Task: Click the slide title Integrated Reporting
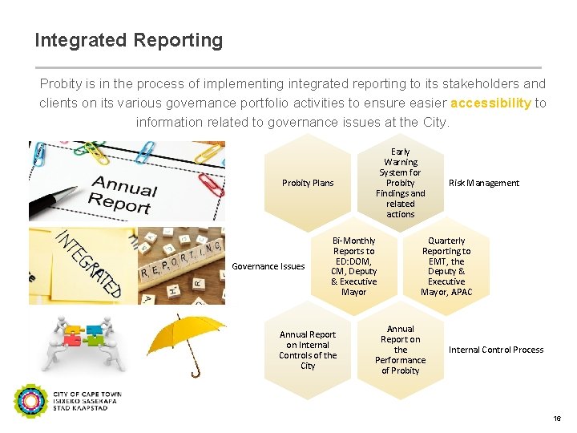click(129, 40)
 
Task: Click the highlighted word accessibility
click(490, 103)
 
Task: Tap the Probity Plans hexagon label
click(308, 183)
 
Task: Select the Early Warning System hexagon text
click(401, 183)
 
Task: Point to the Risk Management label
click(483, 183)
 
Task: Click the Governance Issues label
click(268, 266)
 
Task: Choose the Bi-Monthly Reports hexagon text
click(353, 266)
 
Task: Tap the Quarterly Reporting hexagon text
click(446, 266)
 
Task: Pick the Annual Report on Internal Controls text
click(308, 350)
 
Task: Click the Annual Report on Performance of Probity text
click(401, 350)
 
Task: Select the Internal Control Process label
click(496, 350)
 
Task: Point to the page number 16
click(556, 419)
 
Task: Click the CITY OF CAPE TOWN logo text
click(87, 395)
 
